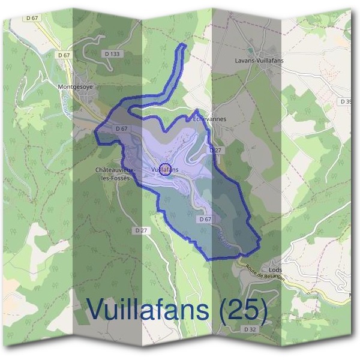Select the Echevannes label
tap(209, 119)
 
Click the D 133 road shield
tap(112, 54)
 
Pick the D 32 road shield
tap(250, 330)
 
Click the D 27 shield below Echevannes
tap(215, 149)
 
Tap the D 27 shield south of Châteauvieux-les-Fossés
tap(142, 230)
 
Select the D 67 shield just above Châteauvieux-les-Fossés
tap(121, 128)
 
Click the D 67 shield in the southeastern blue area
tap(205, 220)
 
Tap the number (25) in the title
tap(242, 310)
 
